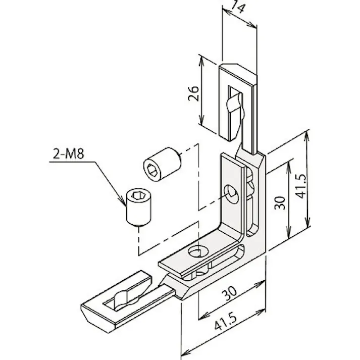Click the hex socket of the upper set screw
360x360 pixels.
[x=152, y=168]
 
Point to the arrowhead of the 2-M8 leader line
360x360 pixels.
[x=124, y=204]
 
